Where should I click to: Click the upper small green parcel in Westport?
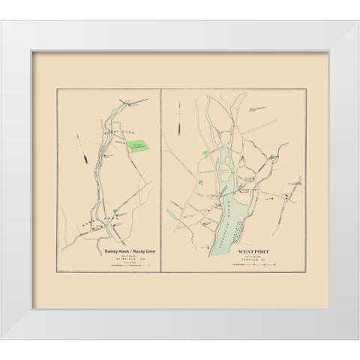click(x=205, y=154)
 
